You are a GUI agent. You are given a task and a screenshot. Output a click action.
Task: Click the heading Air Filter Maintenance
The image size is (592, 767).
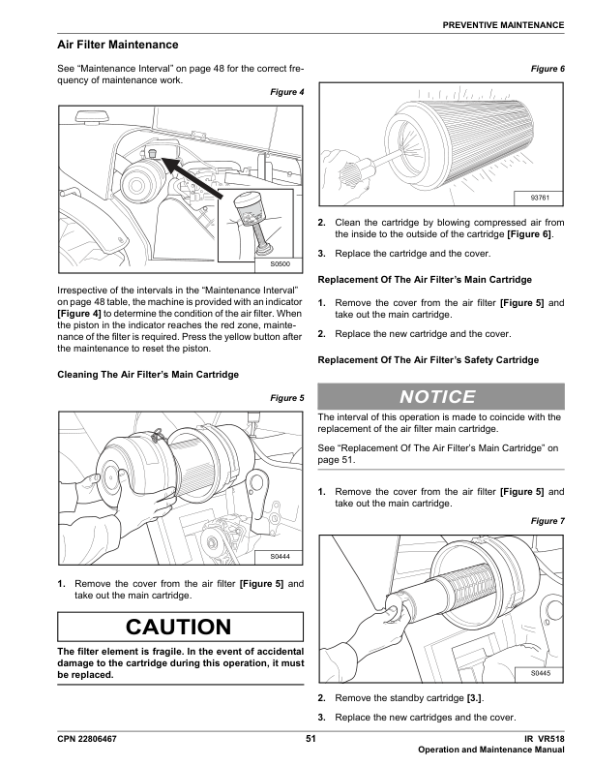pyautogui.click(x=118, y=46)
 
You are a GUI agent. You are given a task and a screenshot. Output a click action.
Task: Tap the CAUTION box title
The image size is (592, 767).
pyautogui.click(x=181, y=627)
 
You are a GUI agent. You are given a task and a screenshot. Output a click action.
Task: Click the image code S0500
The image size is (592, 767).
pyautogui.click(x=280, y=263)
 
